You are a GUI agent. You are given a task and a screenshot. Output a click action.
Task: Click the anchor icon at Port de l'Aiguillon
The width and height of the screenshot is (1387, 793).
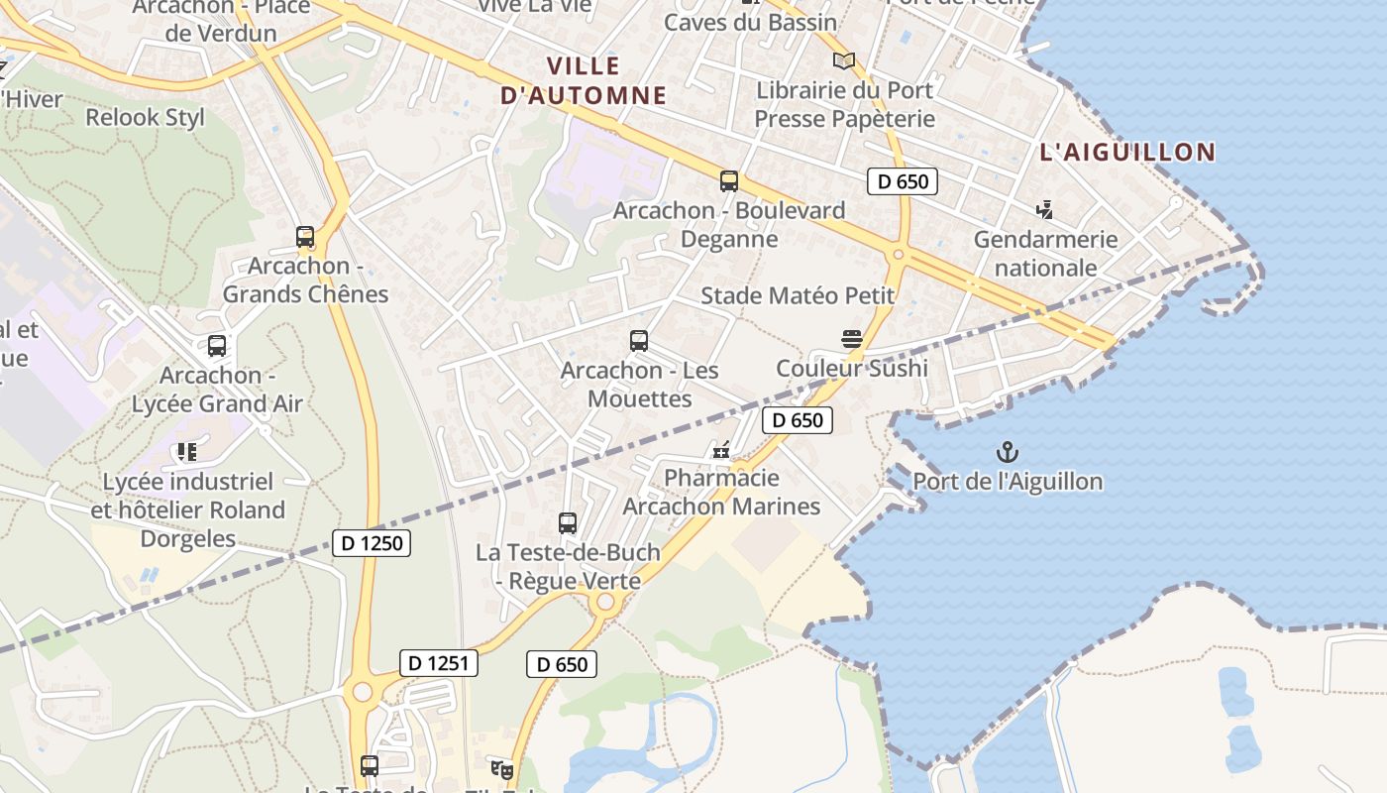point(1007,453)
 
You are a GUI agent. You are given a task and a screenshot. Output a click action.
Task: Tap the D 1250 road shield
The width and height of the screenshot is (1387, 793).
point(372,543)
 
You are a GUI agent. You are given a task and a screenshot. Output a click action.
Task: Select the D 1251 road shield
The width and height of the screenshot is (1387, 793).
point(439,663)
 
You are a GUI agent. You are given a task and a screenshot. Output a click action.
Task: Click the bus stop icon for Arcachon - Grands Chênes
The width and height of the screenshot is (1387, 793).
point(305,237)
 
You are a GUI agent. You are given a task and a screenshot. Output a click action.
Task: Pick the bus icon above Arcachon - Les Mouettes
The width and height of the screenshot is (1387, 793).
point(639,341)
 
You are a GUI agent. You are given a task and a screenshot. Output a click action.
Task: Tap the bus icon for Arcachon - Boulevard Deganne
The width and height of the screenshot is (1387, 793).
point(729,181)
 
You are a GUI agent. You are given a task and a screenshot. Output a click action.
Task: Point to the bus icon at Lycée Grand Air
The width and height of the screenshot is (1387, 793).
point(217,346)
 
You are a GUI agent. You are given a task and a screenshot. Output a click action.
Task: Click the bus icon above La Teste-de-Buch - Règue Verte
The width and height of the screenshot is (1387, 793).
point(568,523)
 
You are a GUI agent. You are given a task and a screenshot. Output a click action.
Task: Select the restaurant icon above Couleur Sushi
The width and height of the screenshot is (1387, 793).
point(851,339)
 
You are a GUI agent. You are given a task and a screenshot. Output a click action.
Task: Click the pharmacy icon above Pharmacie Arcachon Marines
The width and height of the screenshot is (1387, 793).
point(721,450)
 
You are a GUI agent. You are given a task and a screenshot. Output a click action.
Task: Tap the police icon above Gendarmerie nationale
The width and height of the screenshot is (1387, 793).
point(1044,210)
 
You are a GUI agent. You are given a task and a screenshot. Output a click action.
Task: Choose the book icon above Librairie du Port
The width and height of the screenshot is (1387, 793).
point(844,61)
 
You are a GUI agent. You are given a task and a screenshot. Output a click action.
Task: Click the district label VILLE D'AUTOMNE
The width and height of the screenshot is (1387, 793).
point(584,81)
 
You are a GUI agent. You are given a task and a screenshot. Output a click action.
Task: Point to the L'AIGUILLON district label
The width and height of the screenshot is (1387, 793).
point(1127,152)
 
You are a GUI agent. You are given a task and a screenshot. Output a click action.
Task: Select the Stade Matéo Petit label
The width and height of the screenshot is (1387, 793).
point(798,295)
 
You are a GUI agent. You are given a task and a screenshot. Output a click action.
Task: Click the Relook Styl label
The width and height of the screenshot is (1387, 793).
point(146,117)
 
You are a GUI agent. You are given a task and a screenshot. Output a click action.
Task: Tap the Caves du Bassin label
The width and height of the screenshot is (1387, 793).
point(750,22)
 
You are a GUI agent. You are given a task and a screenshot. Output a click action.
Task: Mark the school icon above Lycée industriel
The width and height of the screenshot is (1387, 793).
point(186,453)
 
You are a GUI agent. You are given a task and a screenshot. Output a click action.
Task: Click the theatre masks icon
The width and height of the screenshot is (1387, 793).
point(503,768)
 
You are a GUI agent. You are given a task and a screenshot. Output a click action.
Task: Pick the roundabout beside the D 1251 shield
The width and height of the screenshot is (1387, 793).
point(363,691)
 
